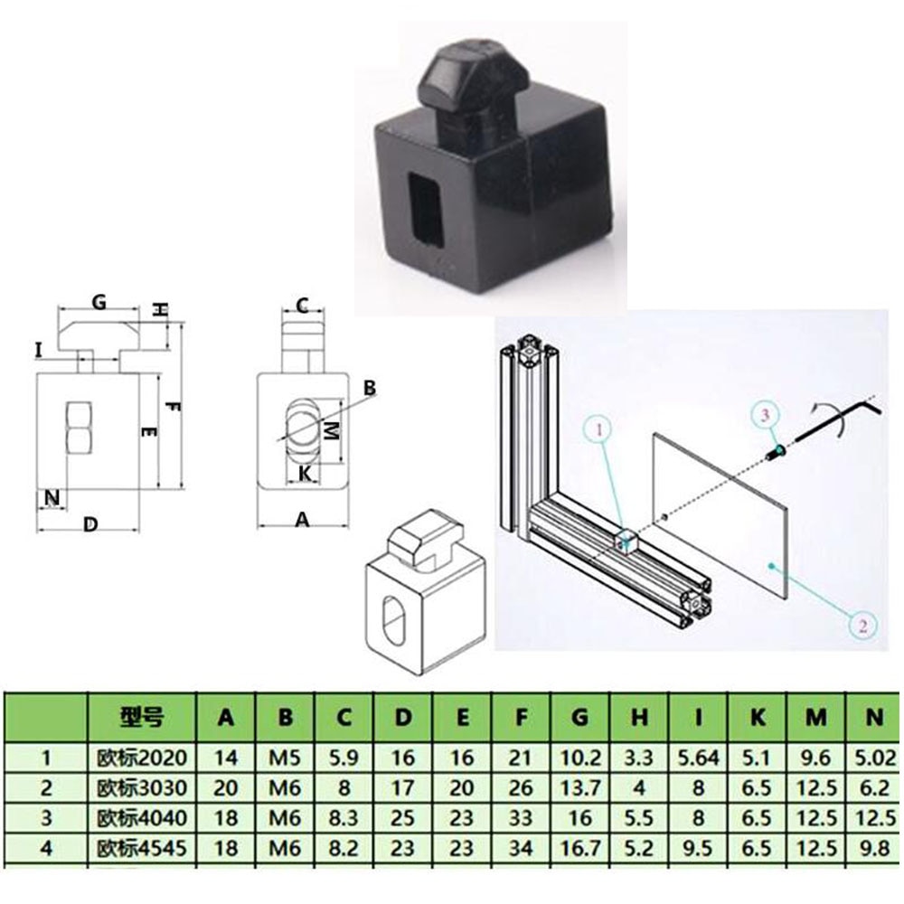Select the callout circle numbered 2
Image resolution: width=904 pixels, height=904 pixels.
tap(862, 623)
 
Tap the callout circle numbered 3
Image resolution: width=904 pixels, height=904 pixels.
tap(764, 414)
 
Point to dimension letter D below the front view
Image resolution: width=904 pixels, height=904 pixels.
tap(89, 523)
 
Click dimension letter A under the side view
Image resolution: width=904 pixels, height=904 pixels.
tap(303, 518)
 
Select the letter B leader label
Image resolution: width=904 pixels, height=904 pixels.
tap(368, 388)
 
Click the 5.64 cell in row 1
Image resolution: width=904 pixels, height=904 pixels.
tap(697, 758)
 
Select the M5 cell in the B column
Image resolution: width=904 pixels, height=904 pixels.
tap(285, 758)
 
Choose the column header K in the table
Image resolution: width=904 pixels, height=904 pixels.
tap(757, 719)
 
